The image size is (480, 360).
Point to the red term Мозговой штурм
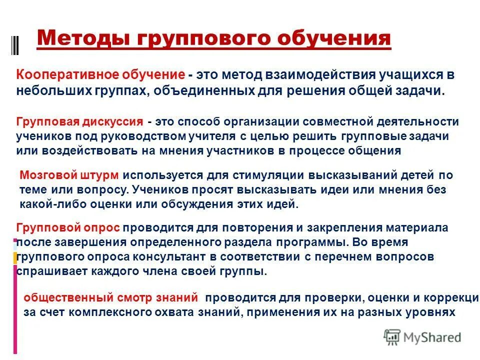tap(69, 175)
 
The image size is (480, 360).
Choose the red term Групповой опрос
tap(68, 228)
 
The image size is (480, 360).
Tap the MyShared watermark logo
tap(422, 337)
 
